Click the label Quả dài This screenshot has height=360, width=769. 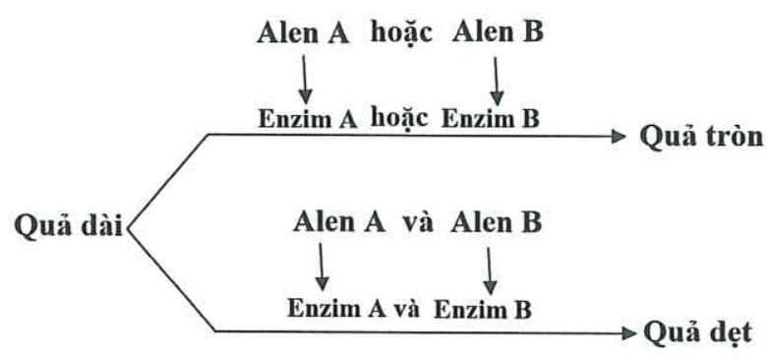point(66,224)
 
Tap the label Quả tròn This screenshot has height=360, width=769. point(701,137)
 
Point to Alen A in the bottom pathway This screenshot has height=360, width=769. point(339,221)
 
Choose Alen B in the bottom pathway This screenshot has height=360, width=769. point(497,221)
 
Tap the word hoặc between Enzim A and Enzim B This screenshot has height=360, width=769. point(400,118)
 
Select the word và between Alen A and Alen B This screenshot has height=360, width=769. point(418,221)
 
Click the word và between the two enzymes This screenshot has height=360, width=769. point(407,308)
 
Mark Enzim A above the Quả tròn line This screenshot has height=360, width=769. point(307,119)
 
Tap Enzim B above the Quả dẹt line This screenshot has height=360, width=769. point(483,308)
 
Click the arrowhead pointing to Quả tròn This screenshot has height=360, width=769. point(619,137)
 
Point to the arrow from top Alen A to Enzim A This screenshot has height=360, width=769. point(305,78)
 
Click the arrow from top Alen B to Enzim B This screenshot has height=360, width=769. point(497,80)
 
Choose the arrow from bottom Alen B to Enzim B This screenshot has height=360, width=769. point(490,266)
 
